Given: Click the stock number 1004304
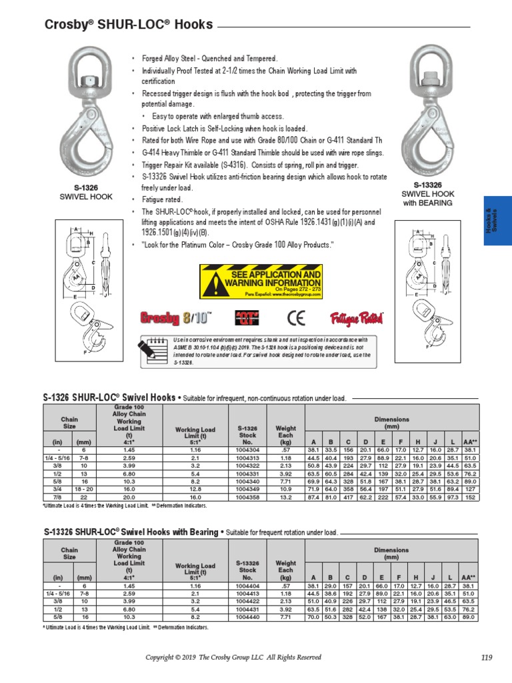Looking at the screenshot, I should (247, 450).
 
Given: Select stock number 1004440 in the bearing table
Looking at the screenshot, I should (247, 618).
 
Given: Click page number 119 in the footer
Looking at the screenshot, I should (486, 658).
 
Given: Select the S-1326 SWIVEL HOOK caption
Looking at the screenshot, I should (86, 193).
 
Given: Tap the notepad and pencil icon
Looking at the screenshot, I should (153, 350).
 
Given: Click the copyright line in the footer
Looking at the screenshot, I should (233, 658).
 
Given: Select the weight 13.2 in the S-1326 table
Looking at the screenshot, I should (285, 497).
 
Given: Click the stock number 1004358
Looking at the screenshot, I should (247, 497).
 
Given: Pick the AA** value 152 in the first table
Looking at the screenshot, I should (469, 497).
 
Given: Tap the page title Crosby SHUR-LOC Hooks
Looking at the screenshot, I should (129, 25).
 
